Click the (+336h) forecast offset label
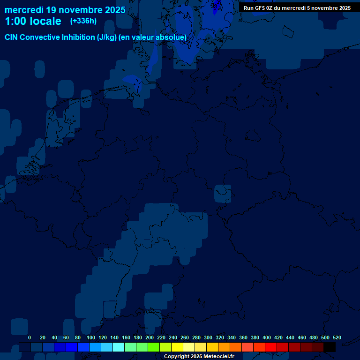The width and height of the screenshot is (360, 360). [x=83, y=21]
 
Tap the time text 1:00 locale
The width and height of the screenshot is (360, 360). [x=33, y=21]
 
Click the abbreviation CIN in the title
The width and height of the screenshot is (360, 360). [x=12, y=37]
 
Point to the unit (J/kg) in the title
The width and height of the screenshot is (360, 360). [x=106, y=37]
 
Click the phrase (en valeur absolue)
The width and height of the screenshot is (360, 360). [x=153, y=37]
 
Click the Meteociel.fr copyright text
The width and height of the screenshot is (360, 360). [x=199, y=357]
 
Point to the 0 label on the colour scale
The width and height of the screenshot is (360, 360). [x=30, y=338]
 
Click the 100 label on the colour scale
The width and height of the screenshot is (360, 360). [x=91, y=338]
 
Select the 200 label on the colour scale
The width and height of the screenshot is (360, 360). [x=150, y=338]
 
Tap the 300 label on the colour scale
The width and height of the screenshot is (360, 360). [x=208, y=338]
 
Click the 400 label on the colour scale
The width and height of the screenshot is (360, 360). [x=267, y=338]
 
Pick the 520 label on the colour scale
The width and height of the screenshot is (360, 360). [x=337, y=338]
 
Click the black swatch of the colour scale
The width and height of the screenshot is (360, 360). [x=330, y=347]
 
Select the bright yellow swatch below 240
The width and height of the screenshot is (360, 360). [x=177, y=347]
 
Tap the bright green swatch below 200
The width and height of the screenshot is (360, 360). [x=154, y=347]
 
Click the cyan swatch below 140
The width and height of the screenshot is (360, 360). [x=119, y=347]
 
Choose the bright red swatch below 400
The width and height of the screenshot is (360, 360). [x=271, y=347]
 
